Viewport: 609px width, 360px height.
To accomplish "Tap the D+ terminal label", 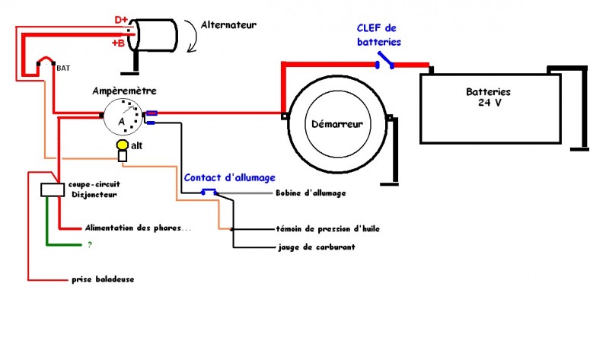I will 122,18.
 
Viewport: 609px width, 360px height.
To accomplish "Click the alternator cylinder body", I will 155,33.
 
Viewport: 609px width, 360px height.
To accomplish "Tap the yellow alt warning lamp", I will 121,145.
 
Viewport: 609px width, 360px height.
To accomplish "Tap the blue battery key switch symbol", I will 388,62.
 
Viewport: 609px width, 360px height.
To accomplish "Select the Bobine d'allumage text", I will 311,193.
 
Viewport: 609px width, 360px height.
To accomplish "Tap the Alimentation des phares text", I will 127,228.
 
